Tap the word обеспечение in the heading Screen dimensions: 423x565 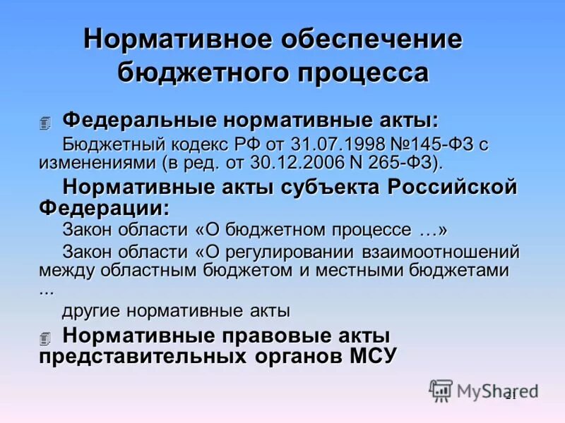[374, 39]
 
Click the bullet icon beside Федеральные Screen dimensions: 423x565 [46, 123]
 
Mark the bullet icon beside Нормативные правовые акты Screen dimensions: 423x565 [46, 338]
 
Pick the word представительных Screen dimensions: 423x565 [138, 355]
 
